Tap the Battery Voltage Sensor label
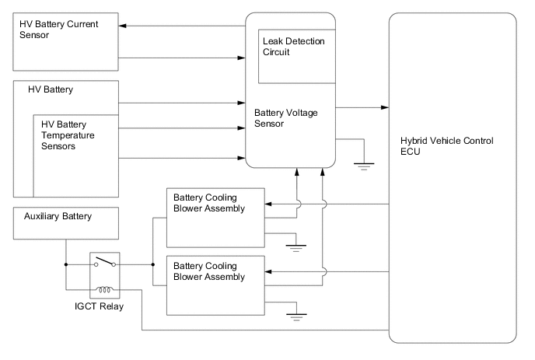(x=286, y=117)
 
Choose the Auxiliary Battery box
(x=66, y=222)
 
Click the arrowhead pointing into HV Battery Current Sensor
(x=122, y=26)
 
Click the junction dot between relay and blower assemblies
(x=153, y=264)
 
